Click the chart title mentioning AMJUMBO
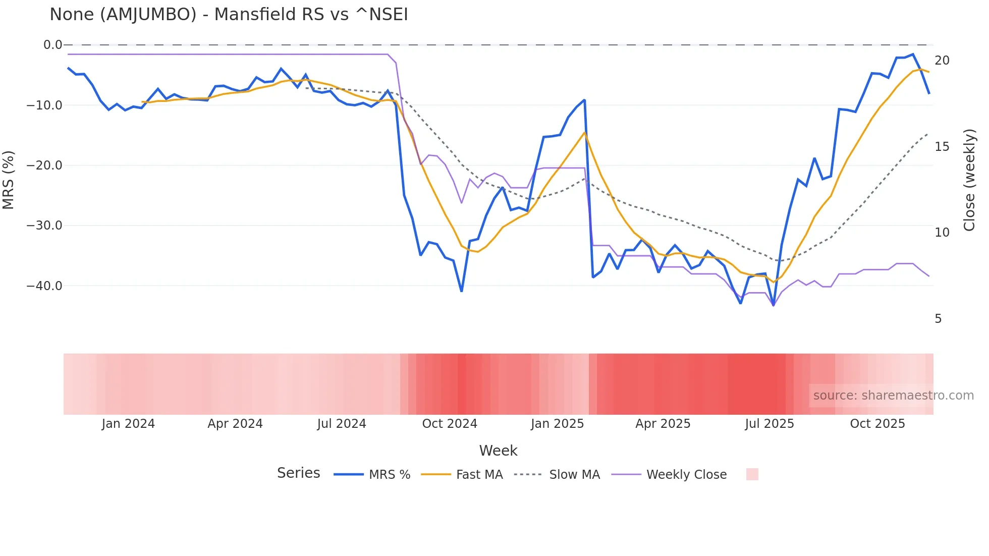coord(229,15)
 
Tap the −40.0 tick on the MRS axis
coord(44,286)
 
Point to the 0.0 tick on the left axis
coord(52,45)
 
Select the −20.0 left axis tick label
coord(44,165)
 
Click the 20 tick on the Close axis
coord(942,61)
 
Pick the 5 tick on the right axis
coord(938,319)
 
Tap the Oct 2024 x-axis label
coord(449,424)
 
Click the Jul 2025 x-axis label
coord(769,424)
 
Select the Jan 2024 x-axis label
coord(128,424)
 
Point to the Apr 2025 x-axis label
coord(663,424)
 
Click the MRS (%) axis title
coord(9,180)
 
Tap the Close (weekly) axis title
coord(969,180)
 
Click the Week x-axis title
coord(498,451)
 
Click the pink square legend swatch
coord(752,474)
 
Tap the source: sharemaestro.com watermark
coord(893,396)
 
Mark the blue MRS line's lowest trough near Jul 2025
coord(774,305)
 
